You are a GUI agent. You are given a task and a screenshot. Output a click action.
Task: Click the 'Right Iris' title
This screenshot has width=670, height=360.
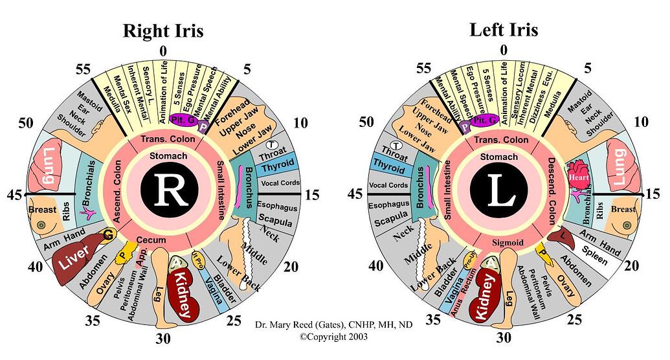[x=163, y=30]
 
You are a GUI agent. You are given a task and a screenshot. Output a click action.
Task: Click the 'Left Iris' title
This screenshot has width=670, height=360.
[x=504, y=30]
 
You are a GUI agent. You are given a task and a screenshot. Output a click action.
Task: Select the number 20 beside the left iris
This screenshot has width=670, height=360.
[x=633, y=266]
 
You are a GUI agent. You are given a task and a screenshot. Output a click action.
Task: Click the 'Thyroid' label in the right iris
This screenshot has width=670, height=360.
[x=277, y=167]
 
